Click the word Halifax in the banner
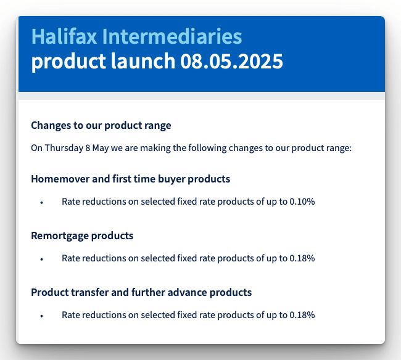[x=64, y=36]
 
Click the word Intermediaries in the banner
[x=172, y=36]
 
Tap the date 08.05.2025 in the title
[x=232, y=61]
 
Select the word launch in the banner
[x=143, y=61]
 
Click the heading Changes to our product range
[x=101, y=126]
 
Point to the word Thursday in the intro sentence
[x=64, y=148]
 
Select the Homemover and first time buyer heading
[x=130, y=179]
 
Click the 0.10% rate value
[x=302, y=202]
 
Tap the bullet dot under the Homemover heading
[x=42, y=203]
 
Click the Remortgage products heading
[x=82, y=235]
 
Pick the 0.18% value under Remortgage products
[x=302, y=258]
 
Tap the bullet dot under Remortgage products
[x=42, y=260]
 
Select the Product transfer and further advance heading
[x=141, y=292]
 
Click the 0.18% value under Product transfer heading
[x=302, y=315]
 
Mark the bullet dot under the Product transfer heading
[x=42, y=316]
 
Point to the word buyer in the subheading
[x=171, y=179]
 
